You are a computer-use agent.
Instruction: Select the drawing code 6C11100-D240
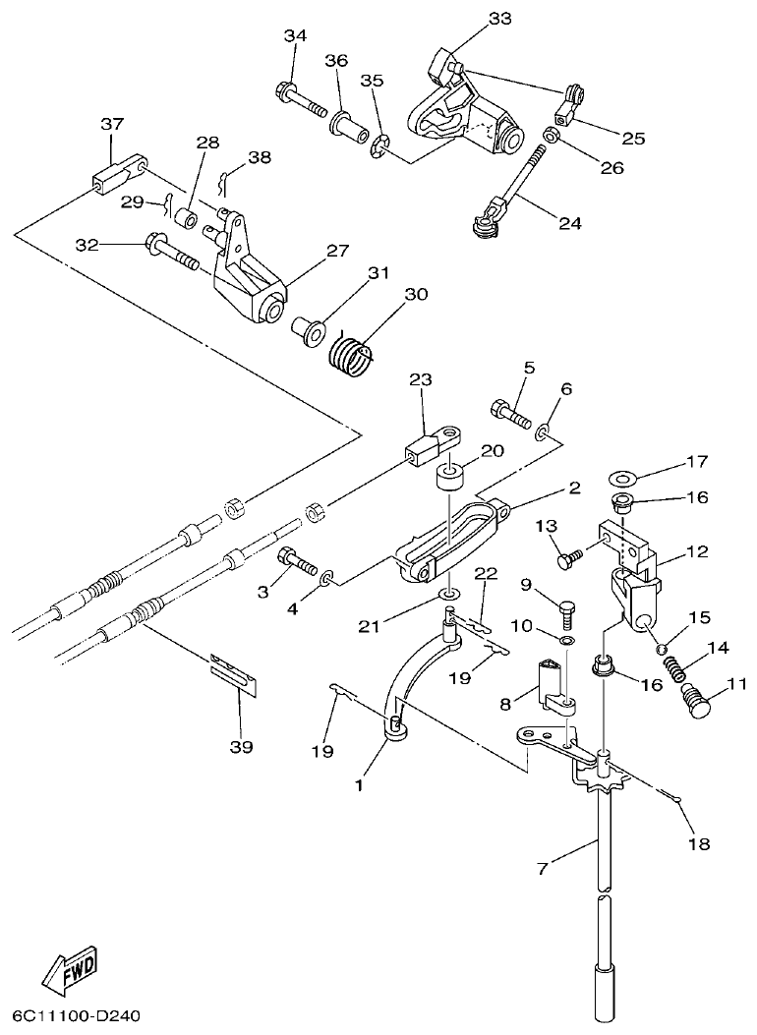coord(85,1012)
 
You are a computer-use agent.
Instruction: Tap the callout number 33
coord(499,19)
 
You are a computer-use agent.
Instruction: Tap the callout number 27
coord(337,251)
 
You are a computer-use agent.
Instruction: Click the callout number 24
coord(570,223)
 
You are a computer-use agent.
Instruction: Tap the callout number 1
coord(359,785)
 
